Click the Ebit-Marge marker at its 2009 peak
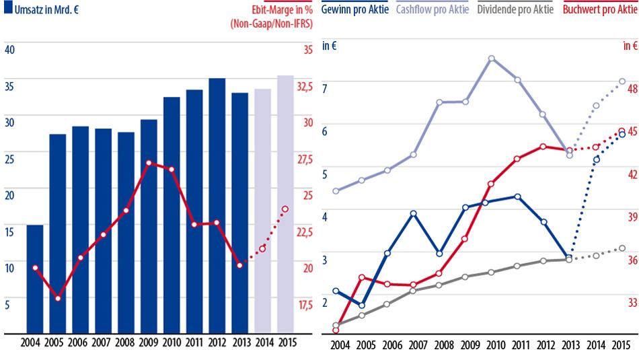click(149, 164)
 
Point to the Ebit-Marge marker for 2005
click(59, 298)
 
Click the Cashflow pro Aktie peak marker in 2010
click(492, 59)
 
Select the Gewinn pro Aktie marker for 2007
click(414, 213)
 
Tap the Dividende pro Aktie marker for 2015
click(622, 248)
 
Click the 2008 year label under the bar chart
click(126, 342)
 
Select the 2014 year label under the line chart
click(595, 345)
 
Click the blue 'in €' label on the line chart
click(330, 46)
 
